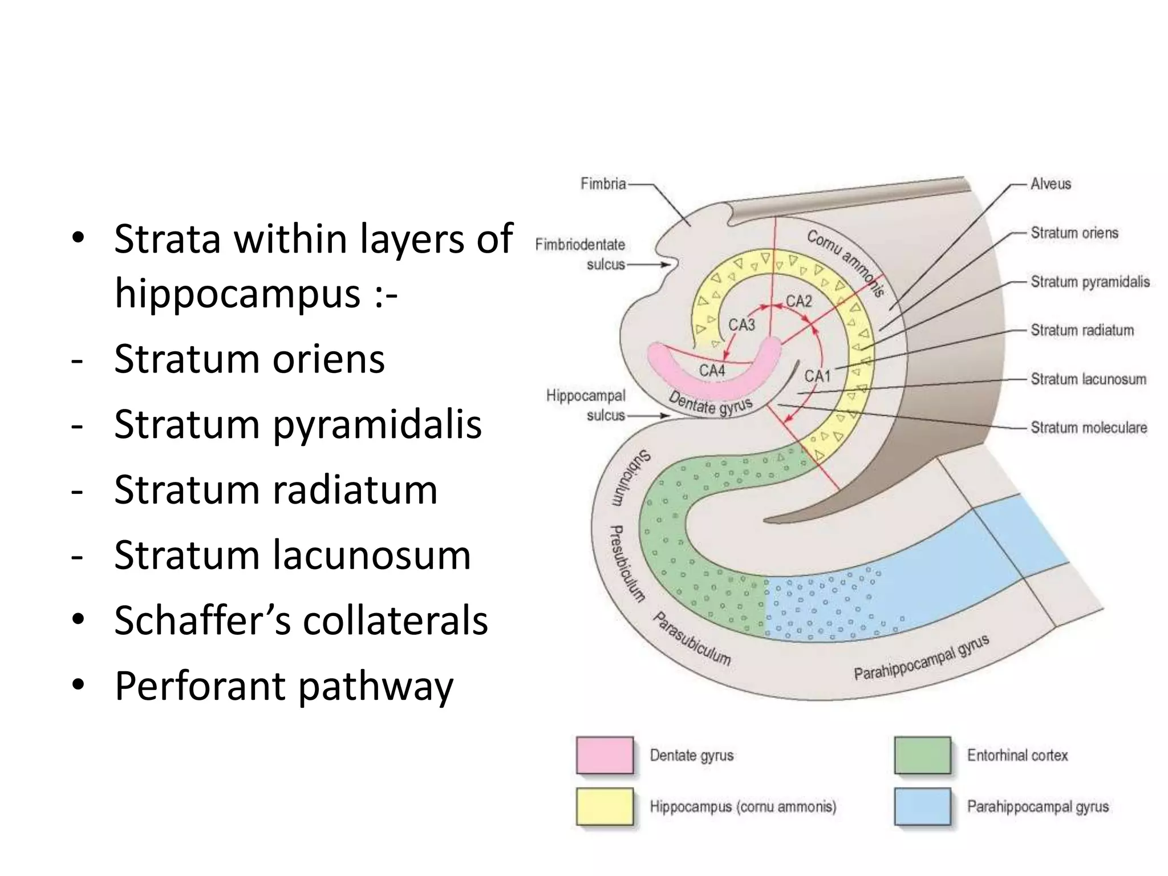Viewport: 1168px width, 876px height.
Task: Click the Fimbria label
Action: tap(603, 184)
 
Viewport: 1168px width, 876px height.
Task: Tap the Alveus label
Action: tap(1051, 184)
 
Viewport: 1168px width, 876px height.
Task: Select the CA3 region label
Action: tap(741, 325)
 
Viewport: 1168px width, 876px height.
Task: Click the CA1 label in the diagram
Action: tap(817, 376)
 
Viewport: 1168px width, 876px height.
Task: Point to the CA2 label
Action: tap(798, 301)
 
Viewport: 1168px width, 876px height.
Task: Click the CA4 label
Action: tap(712, 371)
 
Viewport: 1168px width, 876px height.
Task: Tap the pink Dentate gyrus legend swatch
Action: tap(605, 755)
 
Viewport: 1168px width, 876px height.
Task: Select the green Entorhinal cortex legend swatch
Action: tap(922, 755)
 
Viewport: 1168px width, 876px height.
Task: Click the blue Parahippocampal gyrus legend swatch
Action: tap(922, 806)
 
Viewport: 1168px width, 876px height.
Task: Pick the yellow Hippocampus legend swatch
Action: tap(605, 806)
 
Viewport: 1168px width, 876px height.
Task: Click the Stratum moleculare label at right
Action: tap(1088, 428)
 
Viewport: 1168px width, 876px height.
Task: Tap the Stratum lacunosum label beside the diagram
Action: tap(1088, 379)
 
